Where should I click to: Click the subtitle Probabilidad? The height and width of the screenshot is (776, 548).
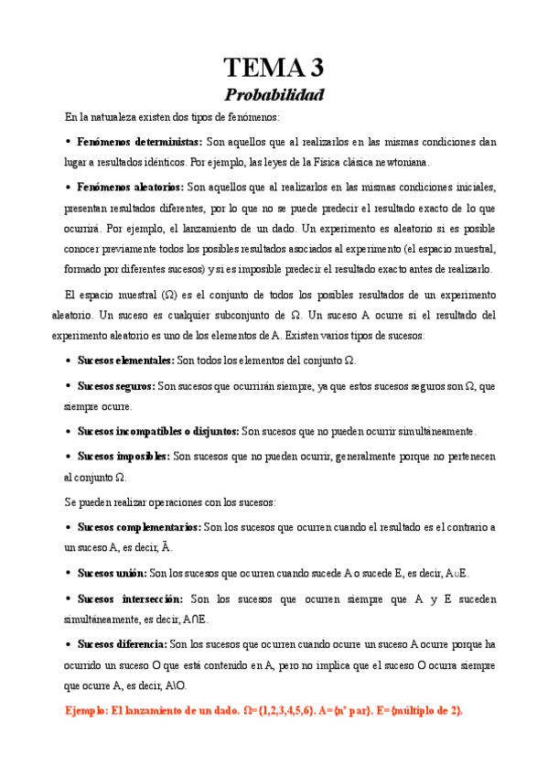pos(274,93)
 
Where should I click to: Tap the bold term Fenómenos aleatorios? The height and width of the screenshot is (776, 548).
pos(130,187)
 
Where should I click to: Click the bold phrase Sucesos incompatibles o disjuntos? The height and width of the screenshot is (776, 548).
pos(158,431)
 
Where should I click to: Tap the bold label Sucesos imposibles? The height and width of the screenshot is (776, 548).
pos(124,456)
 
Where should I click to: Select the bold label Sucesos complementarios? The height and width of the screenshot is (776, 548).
pos(139,527)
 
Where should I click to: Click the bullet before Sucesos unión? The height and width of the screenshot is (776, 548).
pos(69,573)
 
